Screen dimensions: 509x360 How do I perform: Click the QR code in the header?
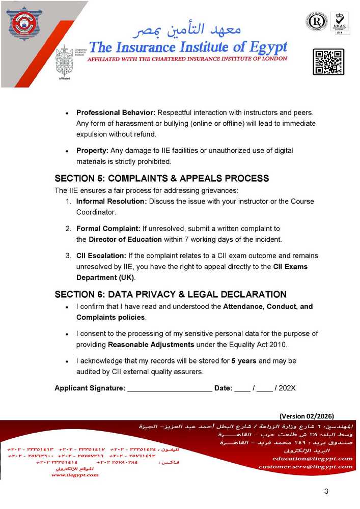pyautogui.click(x=328, y=62)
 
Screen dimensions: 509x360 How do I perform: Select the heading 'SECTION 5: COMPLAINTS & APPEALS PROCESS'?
pyautogui.click(x=161, y=179)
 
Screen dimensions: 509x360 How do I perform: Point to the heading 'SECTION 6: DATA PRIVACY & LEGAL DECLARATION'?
pyautogui.click(x=170, y=295)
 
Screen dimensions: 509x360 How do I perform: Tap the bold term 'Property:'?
pyautogui.click(x=93, y=151)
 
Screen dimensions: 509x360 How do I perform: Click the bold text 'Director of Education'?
pyautogui.click(x=125, y=239)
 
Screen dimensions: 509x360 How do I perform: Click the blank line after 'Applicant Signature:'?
pyautogui.click(x=170, y=388)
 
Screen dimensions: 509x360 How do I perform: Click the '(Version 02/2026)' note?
pyautogui.click(x=307, y=415)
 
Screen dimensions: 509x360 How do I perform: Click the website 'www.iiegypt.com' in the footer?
pyautogui.click(x=75, y=475)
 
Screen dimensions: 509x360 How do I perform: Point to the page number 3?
pyautogui.click(x=326, y=491)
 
